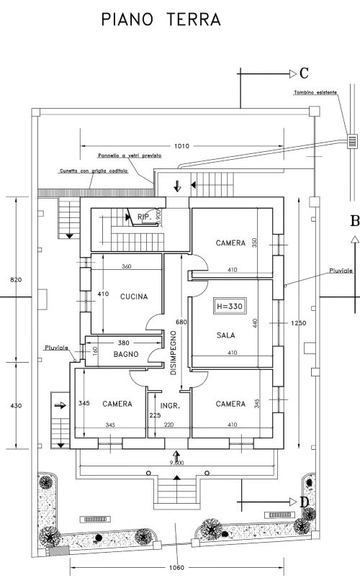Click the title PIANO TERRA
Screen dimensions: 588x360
pos(161,19)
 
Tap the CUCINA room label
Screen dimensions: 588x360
pos(134,297)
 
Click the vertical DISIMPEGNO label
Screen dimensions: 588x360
pos(173,353)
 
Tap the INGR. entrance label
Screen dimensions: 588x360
pos(170,405)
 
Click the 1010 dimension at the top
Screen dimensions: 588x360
pos(181,146)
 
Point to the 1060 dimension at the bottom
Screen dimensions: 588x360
pos(177,568)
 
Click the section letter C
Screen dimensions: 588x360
pos(304,73)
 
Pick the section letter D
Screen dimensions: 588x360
pos(305,502)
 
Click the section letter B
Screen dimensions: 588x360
pos(354,221)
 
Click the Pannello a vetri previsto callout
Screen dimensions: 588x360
pos(130,155)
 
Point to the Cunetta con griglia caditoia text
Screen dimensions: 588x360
pos(94,171)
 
